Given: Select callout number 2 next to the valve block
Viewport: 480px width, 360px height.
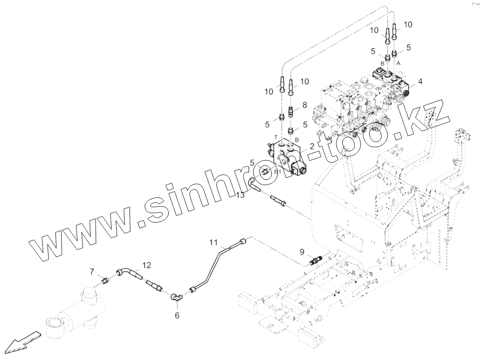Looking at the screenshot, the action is point(311,145).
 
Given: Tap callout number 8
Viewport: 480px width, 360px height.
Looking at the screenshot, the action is point(304,105).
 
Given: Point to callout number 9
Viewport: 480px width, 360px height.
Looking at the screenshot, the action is point(302,252).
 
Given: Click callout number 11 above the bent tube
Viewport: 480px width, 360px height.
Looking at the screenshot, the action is point(213,242).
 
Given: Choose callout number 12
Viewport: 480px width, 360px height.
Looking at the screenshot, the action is point(147,265).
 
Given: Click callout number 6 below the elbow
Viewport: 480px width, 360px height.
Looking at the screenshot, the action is point(177,315).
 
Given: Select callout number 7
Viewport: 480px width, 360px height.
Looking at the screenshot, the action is point(92,271).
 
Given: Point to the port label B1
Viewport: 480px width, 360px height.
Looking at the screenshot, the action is point(277,172).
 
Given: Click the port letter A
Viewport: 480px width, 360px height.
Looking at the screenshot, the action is point(398,63).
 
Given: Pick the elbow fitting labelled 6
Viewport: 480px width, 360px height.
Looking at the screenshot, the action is point(175,296).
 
